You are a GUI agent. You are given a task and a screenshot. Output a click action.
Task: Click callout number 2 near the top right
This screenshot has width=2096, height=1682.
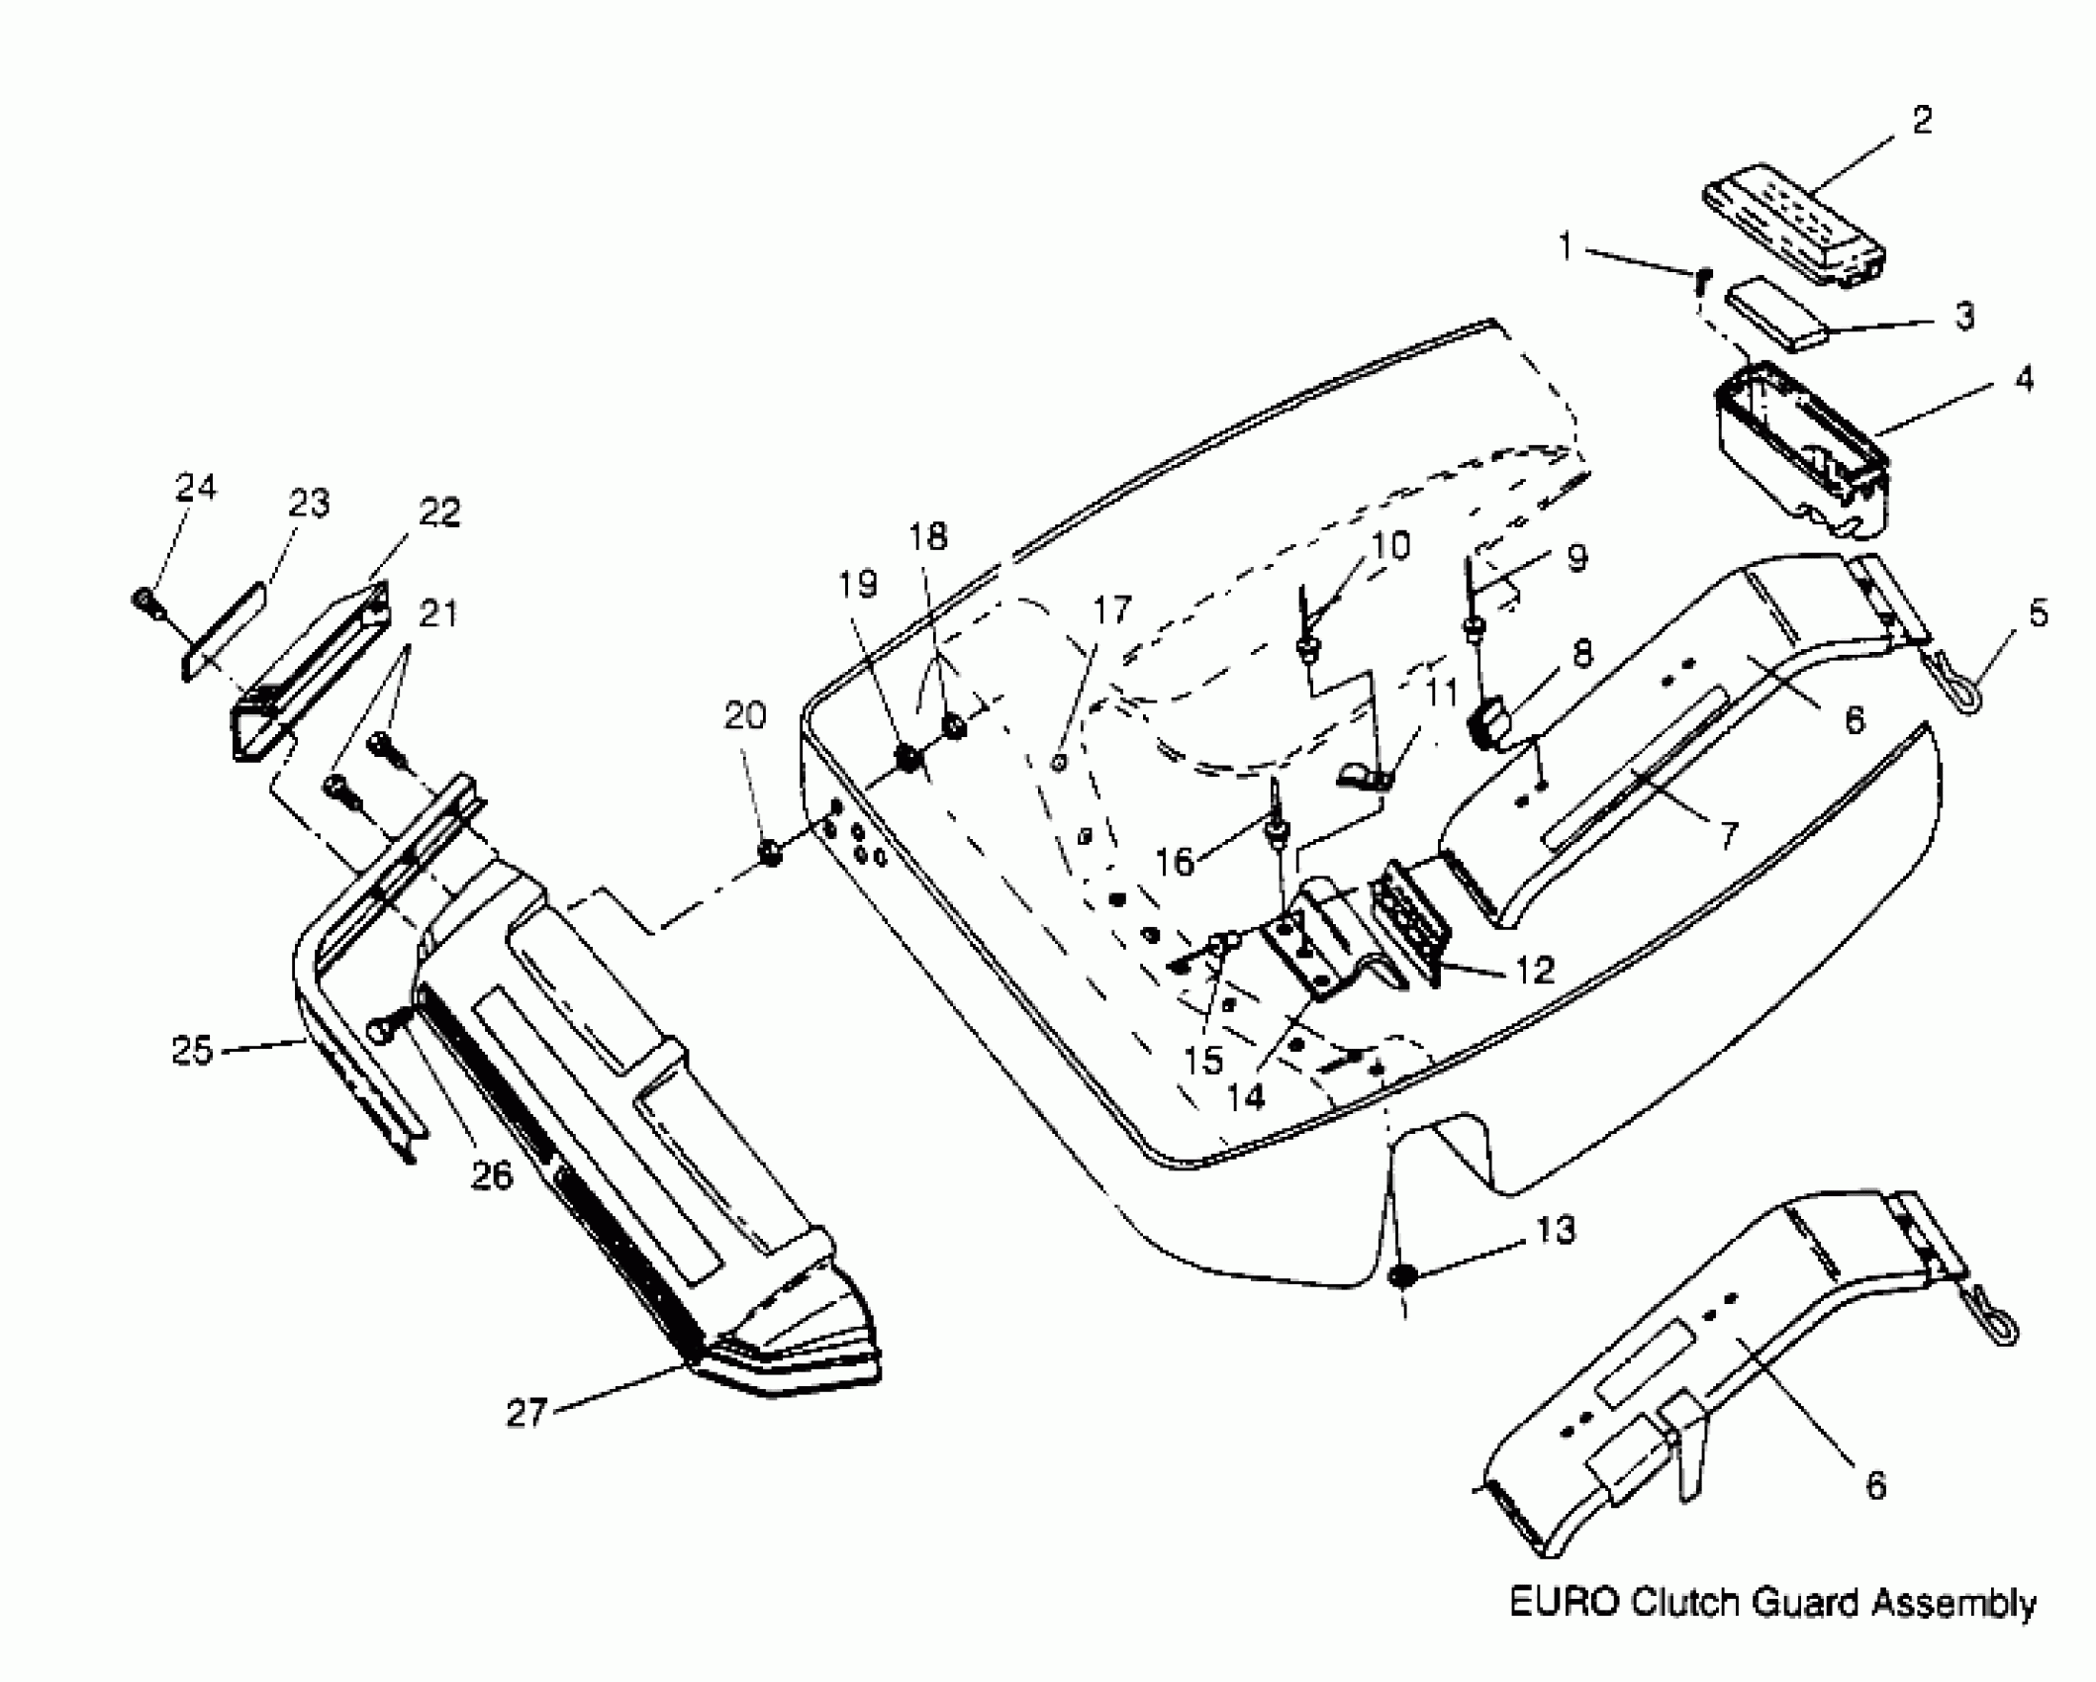(x=1922, y=121)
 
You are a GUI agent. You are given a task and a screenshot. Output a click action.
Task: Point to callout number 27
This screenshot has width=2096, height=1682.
(x=526, y=1412)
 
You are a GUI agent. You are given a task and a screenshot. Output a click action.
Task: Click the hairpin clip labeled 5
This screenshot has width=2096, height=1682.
(x=1953, y=682)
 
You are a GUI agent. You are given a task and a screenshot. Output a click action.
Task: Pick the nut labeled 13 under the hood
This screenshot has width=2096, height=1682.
(x=1401, y=1276)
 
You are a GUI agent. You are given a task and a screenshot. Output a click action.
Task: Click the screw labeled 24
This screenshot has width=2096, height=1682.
(x=144, y=600)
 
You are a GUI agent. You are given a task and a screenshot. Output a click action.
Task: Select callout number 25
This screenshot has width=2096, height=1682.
(x=192, y=1049)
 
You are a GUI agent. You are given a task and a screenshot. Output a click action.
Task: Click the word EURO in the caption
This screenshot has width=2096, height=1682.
(x=1566, y=1603)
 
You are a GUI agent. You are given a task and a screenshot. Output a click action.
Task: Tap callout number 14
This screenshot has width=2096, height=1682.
(x=1246, y=1096)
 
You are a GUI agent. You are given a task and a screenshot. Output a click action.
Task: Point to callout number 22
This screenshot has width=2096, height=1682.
(x=439, y=513)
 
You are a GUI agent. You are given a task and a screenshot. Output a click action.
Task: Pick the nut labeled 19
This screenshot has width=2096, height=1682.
(x=907, y=760)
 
